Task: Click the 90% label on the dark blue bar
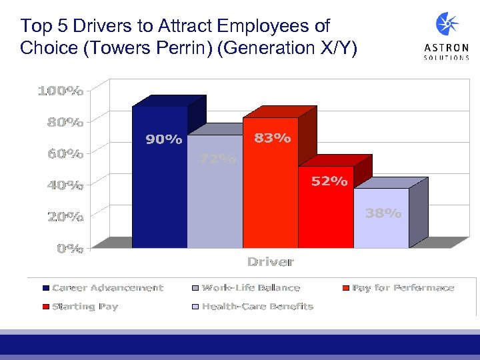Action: coord(164,139)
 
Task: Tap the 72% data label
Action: coord(218,159)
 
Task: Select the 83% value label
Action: coord(273,138)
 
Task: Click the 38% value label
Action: coord(384,213)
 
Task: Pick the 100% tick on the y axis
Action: coord(61,91)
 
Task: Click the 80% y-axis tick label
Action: coord(65,122)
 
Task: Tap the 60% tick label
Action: coord(65,153)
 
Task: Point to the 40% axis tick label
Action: coord(65,185)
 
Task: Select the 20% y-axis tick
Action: coord(65,217)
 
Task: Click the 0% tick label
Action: coord(69,249)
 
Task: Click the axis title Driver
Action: coord(270,261)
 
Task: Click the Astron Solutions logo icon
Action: coord(447,25)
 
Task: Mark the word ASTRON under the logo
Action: coord(447,47)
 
